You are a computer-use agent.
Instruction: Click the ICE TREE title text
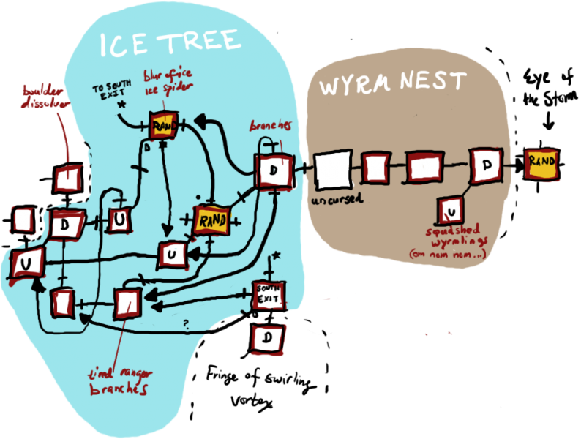coord(170,44)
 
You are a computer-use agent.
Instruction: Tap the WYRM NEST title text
coord(392,83)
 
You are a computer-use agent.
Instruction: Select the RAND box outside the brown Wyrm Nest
coord(541,162)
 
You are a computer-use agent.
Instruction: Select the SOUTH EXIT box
coord(269,296)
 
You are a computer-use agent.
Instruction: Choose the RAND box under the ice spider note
coord(162,127)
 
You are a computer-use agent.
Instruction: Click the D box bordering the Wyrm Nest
coord(274,171)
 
